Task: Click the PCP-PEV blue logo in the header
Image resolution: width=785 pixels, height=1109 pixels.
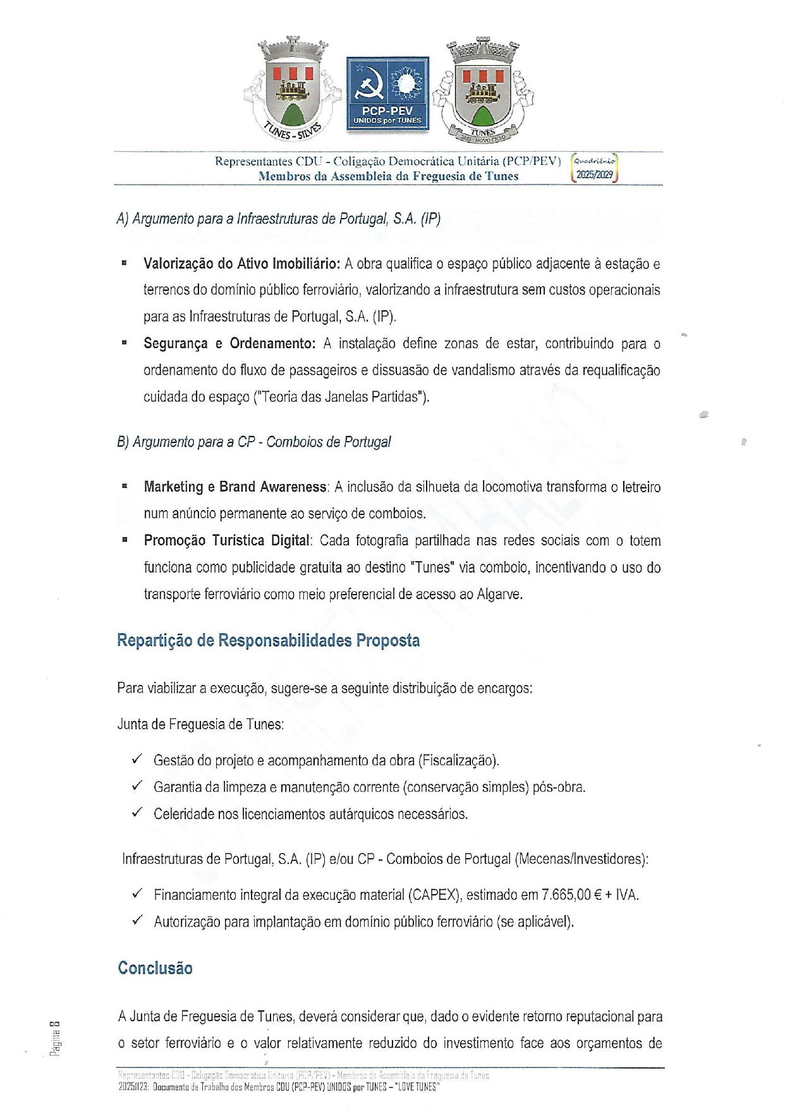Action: point(387,94)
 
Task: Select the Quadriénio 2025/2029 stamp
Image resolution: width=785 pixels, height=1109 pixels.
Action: point(594,169)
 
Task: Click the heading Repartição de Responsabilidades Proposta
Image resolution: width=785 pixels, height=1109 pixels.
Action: point(268,640)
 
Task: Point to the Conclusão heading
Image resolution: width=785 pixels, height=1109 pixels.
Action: point(155,968)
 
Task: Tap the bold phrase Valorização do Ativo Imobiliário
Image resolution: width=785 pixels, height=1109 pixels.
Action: point(242,264)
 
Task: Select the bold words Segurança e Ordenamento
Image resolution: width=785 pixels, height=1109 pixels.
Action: point(229,344)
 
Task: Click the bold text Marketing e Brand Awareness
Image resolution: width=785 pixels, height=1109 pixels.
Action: point(235,487)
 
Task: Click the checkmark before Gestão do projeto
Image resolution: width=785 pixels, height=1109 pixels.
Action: point(137,759)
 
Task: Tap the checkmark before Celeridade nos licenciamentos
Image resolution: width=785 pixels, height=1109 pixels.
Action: point(137,813)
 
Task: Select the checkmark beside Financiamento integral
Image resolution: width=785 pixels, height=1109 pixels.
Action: point(137,894)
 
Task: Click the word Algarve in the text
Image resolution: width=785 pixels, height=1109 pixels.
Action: point(499,594)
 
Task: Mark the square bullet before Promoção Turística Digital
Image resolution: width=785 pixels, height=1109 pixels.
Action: point(125,540)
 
